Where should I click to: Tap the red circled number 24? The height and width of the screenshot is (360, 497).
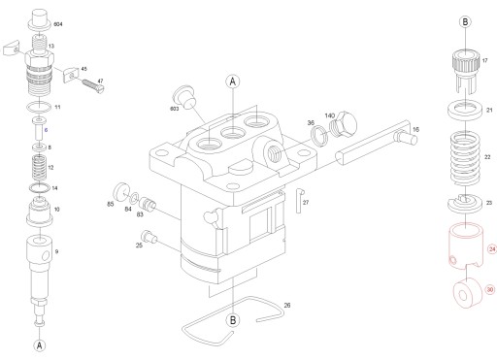[491, 249]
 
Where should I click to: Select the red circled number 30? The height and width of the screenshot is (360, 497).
[490, 289]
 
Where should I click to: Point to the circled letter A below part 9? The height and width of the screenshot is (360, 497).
[40, 344]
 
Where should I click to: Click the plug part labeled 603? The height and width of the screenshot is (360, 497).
[182, 94]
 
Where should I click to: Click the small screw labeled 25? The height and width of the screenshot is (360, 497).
[149, 238]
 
